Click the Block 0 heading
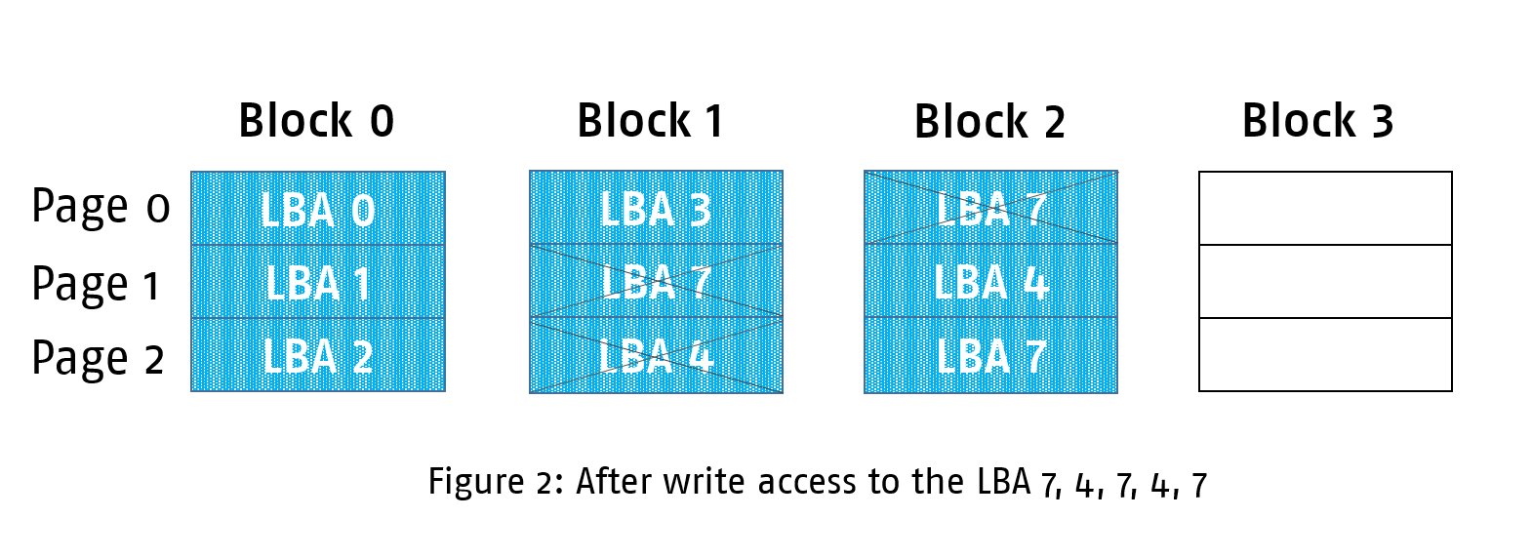(x=316, y=121)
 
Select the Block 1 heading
(x=650, y=121)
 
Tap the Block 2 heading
(x=988, y=122)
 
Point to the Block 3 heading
(x=1317, y=121)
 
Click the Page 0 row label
(x=101, y=207)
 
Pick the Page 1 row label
(x=96, y=284)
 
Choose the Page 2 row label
(x=98, y=358)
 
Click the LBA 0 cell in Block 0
(x=318, y=209)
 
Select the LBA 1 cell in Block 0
(x=318, y=282)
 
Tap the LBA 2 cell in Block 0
(x=318, y=355)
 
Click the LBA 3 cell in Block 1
(x=656, y=208)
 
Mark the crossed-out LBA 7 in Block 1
(x=656, y=281)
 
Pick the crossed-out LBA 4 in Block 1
(x=656, y=356)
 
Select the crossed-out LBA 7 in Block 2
(x=990, y=208)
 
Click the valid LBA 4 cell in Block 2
(x=990, y=281)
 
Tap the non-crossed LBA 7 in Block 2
(x=990, y=356)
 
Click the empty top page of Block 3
(x=1325, y=208)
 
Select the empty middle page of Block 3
(x=1325, y=281)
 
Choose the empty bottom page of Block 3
(x=1325, y=355)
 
